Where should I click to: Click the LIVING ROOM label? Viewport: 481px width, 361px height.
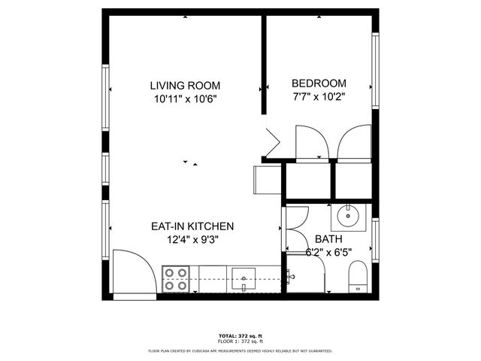(184, 85)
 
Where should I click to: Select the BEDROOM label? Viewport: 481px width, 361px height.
(319, 83)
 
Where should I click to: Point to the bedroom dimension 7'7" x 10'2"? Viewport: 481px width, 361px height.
(319, 96)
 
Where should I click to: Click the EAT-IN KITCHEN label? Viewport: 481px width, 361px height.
(193, 226)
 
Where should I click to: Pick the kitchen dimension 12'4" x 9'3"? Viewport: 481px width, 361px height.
(193, 239)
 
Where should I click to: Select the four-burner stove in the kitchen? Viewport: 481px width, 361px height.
(176, 278)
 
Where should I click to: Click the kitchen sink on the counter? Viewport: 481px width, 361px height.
(244, 278)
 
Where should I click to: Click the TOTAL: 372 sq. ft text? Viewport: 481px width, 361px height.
(240, 335)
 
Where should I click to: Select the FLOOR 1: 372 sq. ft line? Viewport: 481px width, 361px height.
(240, 341)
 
